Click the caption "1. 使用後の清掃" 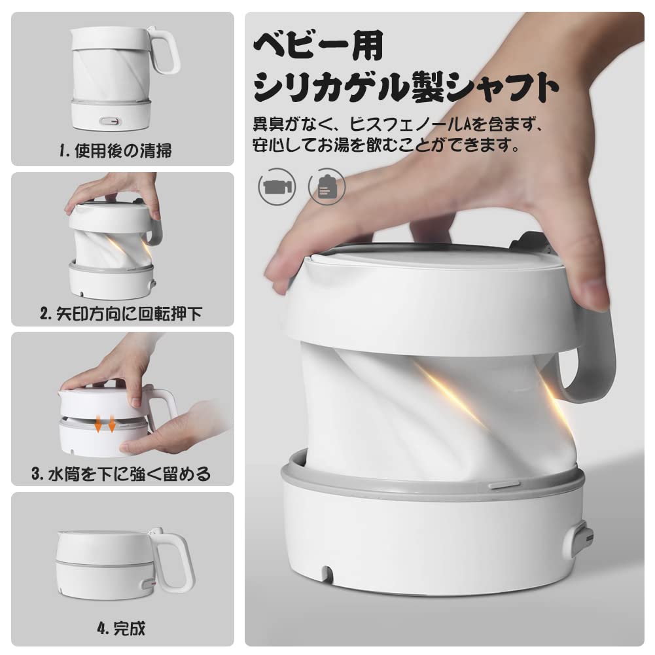coord(116,151)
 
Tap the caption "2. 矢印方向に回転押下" coord(122,313)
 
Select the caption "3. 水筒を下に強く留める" coord(122,474)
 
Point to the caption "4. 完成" coord(121,629)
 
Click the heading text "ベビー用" coord(318,47)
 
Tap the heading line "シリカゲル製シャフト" coord(406,87)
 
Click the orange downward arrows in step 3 coord(105,423)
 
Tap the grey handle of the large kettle coord(592,366)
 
